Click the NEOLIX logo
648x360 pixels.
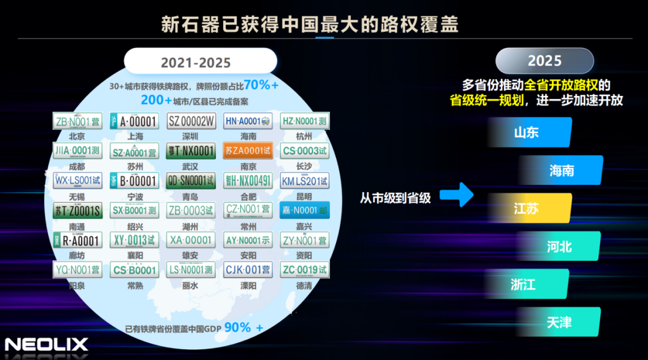point(46,344)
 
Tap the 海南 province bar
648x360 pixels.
point(562,170)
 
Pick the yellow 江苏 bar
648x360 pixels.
point(528,208)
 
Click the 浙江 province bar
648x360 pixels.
point(526,284)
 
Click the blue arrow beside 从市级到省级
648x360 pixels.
point(457,194)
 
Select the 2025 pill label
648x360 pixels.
point(544,61)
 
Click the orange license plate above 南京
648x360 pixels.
point(248,151)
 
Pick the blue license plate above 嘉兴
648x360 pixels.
point(304,210)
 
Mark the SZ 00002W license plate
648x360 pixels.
point(191,121)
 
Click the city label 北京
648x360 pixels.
point(77,136)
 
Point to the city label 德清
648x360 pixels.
point(304,286)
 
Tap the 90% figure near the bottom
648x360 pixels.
point(238,327)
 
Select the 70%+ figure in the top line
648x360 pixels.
point(261,85)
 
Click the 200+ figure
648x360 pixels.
point(156,100)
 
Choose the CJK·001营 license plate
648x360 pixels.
point(248,270)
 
